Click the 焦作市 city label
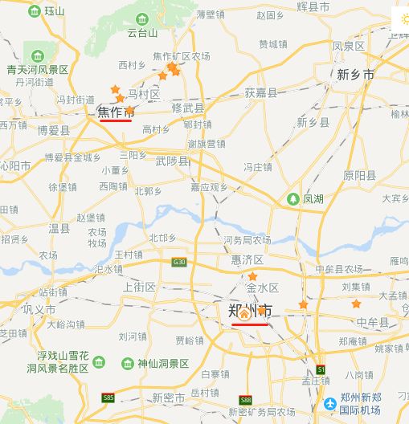click(116, 112)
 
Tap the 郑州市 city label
click(250, 310)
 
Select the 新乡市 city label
click(355, 75)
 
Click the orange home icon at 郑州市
click(244, 315)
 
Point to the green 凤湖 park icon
click(295, 198)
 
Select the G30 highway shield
click(178, 261)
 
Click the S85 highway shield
click(108, 397)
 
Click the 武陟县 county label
click(173, 161)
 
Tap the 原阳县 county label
click(359, 175)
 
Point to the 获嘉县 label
click(261, 92)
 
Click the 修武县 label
click(188, 108)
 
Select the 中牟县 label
click(373, 322)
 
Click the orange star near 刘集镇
click(356, 304)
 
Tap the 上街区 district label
click(140, 287)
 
